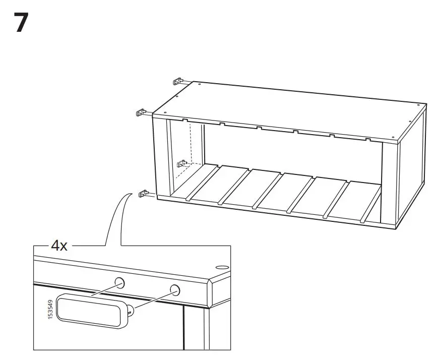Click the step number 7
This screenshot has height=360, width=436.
point(21,23)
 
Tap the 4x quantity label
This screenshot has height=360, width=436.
point(59,246)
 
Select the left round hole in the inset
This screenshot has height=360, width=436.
point(119,282)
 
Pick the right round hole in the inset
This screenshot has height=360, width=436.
point(174,289)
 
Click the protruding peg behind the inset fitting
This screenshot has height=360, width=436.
point(131,311)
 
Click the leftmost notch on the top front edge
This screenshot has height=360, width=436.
point(185,121)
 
